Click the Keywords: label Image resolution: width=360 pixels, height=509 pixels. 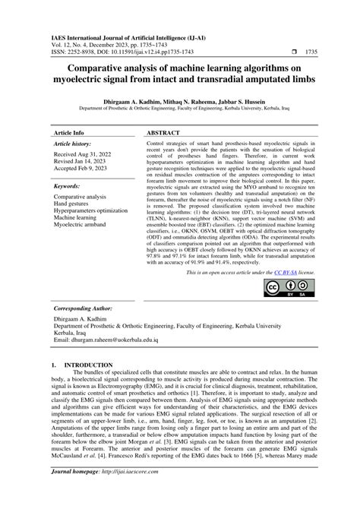[x=68, y=185]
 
